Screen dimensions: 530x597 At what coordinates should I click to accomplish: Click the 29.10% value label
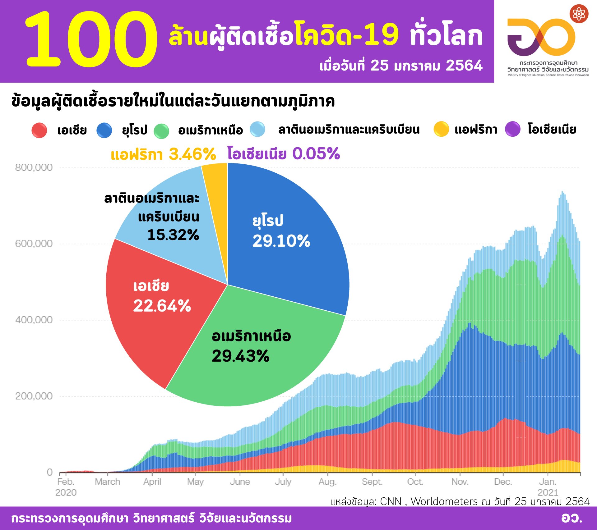tap(281, 241)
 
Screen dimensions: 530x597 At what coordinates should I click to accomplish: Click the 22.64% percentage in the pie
tap(162, 306)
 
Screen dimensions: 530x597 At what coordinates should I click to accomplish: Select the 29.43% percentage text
tap(240, 356)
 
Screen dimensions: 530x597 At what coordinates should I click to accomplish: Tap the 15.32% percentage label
tap(173, 235)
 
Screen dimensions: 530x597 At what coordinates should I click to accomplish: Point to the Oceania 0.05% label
tap(284, 153)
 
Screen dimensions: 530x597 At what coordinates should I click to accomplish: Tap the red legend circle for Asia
tap(39, 130)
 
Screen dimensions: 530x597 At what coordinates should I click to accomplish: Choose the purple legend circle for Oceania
tap(512, 129)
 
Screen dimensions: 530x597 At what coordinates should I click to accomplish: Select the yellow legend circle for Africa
tap(441, 129)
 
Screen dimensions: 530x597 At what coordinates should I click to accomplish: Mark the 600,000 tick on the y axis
tap(34, 244)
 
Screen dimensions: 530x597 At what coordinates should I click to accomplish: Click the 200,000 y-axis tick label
tap(34, 396)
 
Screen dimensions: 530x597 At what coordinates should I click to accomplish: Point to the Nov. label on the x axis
tap(460, 482)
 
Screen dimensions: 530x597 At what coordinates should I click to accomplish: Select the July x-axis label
tap(283, 482)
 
